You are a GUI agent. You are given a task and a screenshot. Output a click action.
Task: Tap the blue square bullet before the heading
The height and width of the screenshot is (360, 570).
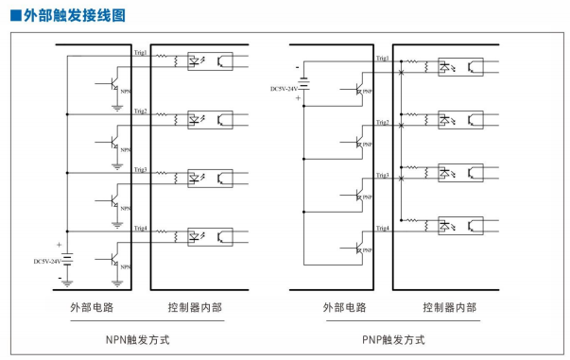coord(14,16)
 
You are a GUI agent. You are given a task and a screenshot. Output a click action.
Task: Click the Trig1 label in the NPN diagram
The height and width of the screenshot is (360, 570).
coord(140,53)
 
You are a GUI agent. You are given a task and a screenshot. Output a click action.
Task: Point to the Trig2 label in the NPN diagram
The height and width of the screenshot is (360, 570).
coord(140,111)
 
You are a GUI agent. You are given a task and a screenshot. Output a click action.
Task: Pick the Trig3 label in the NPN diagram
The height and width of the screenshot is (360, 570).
coord(140,170)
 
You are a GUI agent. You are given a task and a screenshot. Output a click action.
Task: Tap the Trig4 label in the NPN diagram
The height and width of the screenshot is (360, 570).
coord(140,230)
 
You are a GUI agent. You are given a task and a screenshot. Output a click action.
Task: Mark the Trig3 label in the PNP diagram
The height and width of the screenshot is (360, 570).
coord(382,176)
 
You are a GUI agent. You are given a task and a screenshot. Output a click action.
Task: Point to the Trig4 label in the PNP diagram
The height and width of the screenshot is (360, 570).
coord(382,230)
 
